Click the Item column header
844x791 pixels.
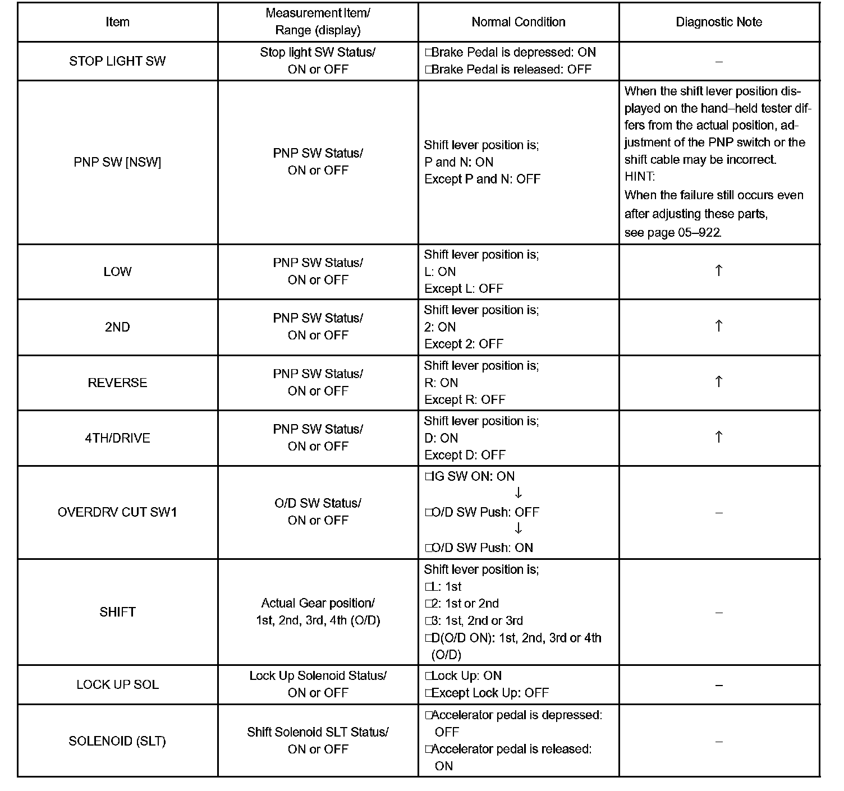[117, 22]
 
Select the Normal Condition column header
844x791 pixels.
[518, 22]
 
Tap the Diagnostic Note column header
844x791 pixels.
[718, 22]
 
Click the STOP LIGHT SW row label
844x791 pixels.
[117, 61]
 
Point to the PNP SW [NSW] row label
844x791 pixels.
[117, 162]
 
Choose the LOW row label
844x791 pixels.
[117, 272]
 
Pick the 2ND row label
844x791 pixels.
[117, 327]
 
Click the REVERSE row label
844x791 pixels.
[117, 383]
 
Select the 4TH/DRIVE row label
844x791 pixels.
[117, 438]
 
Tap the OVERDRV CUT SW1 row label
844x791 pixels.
[117, 512]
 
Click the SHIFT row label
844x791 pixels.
[117, 612]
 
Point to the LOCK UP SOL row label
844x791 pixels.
[117, 685]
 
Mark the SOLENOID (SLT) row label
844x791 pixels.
[117, 741]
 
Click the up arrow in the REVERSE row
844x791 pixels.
[718, 382]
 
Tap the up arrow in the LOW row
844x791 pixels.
[718, 271]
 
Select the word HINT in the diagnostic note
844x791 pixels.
[639, 177]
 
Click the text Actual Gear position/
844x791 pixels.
[318, 604]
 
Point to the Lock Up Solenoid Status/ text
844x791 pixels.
[318, 676]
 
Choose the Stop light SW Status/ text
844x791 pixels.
[318, 52]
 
